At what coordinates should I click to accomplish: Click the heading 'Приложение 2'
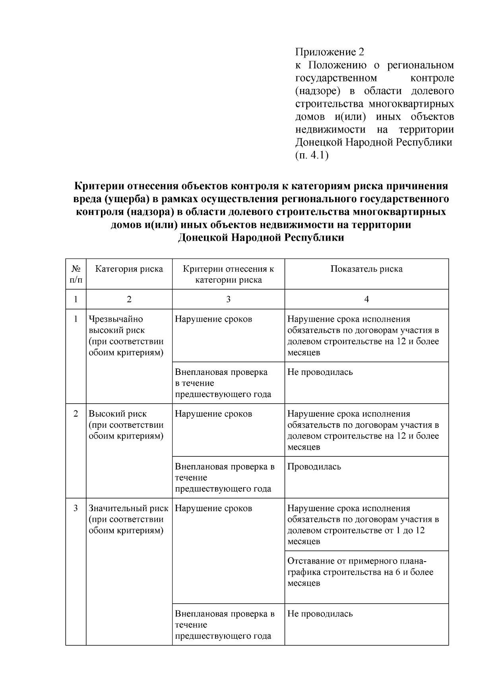[329, 52]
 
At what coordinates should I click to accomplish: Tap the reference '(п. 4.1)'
[312, 155]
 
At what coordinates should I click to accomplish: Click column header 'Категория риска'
[129, 269]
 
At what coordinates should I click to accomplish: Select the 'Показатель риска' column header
[366, 269]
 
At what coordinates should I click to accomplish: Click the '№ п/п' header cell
[76, 274]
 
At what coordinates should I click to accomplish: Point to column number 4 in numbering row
[366, 299]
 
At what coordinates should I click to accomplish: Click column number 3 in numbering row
[228, 299]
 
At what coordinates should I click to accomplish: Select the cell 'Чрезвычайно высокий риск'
[126, 336]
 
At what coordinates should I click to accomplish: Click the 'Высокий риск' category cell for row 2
[126, 425]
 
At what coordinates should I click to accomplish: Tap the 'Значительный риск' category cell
[128, 519]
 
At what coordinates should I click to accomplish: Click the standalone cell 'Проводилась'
[314, 467]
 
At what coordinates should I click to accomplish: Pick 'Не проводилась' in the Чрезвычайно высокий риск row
[320, 373]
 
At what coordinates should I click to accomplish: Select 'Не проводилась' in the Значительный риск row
[320, 614]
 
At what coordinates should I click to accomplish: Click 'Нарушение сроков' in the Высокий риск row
[213, 414]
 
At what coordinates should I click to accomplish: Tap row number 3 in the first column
[76, 508]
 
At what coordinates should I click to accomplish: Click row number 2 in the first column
[76, 414]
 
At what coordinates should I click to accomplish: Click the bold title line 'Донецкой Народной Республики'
[261, 238]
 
